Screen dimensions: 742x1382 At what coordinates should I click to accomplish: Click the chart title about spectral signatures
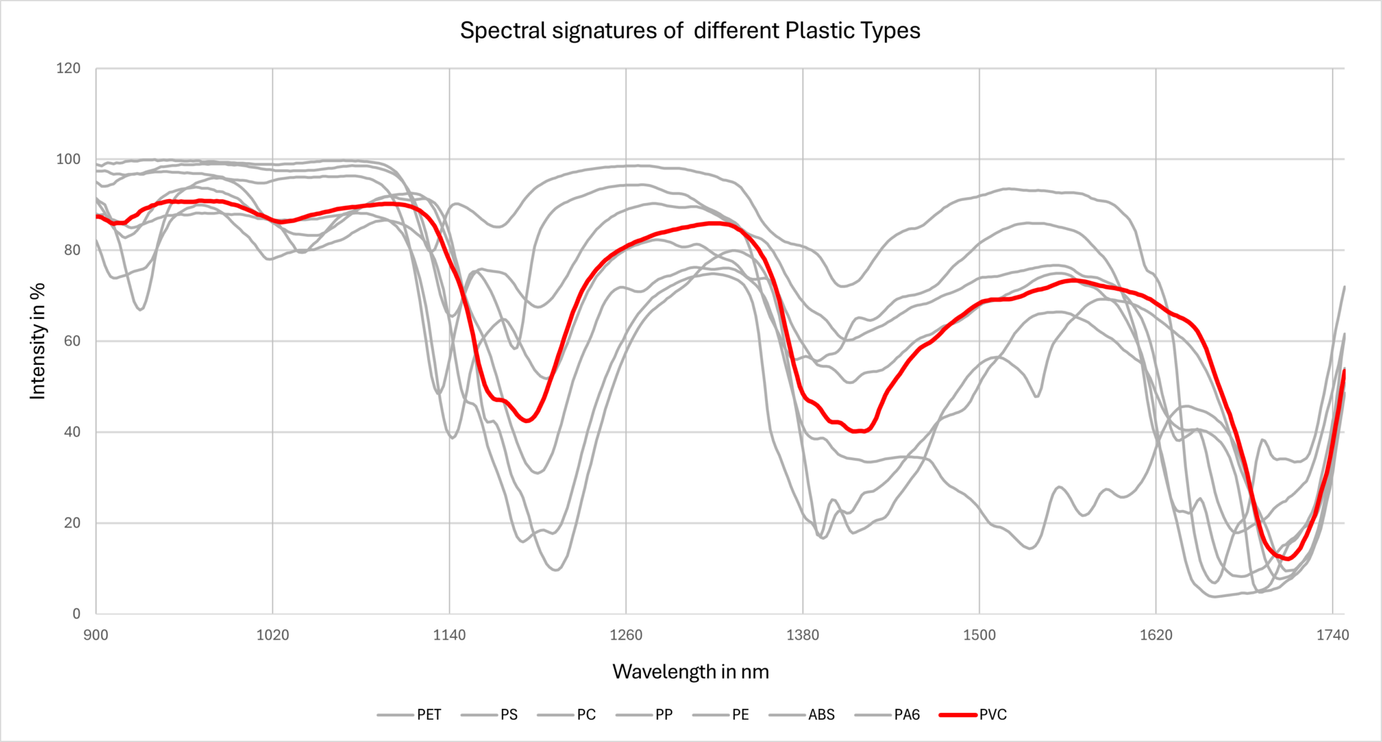[690, 31]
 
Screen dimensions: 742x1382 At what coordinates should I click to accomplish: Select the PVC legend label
[993, 715]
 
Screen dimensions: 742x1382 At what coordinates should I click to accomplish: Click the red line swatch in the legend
[958, 715]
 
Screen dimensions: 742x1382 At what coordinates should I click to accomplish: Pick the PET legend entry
[429, 715]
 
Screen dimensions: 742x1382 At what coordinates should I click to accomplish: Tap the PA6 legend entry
[906, 715]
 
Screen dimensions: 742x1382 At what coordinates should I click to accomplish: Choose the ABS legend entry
[821, 715]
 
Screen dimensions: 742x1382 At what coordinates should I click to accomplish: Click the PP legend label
[663, 715]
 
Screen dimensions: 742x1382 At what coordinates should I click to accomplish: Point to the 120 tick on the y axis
[68, 68]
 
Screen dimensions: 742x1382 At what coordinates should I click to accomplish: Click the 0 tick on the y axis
[76, 614]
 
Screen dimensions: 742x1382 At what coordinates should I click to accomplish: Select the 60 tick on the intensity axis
[72, 341]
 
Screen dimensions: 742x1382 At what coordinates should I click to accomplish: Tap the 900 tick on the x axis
[96, 635]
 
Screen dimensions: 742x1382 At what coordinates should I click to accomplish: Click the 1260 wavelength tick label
[626, 635]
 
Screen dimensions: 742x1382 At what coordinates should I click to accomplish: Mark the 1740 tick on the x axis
[1332, 635]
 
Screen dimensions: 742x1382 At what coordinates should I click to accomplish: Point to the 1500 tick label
[979, 635]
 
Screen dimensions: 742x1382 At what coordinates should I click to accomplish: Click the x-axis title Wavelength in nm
[690, 672]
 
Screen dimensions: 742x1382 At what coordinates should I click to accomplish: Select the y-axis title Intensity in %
[38, 341]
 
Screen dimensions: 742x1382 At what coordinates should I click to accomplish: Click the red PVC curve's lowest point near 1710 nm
[1288, 559]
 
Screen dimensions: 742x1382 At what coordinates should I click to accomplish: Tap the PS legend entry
[509, 715]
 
